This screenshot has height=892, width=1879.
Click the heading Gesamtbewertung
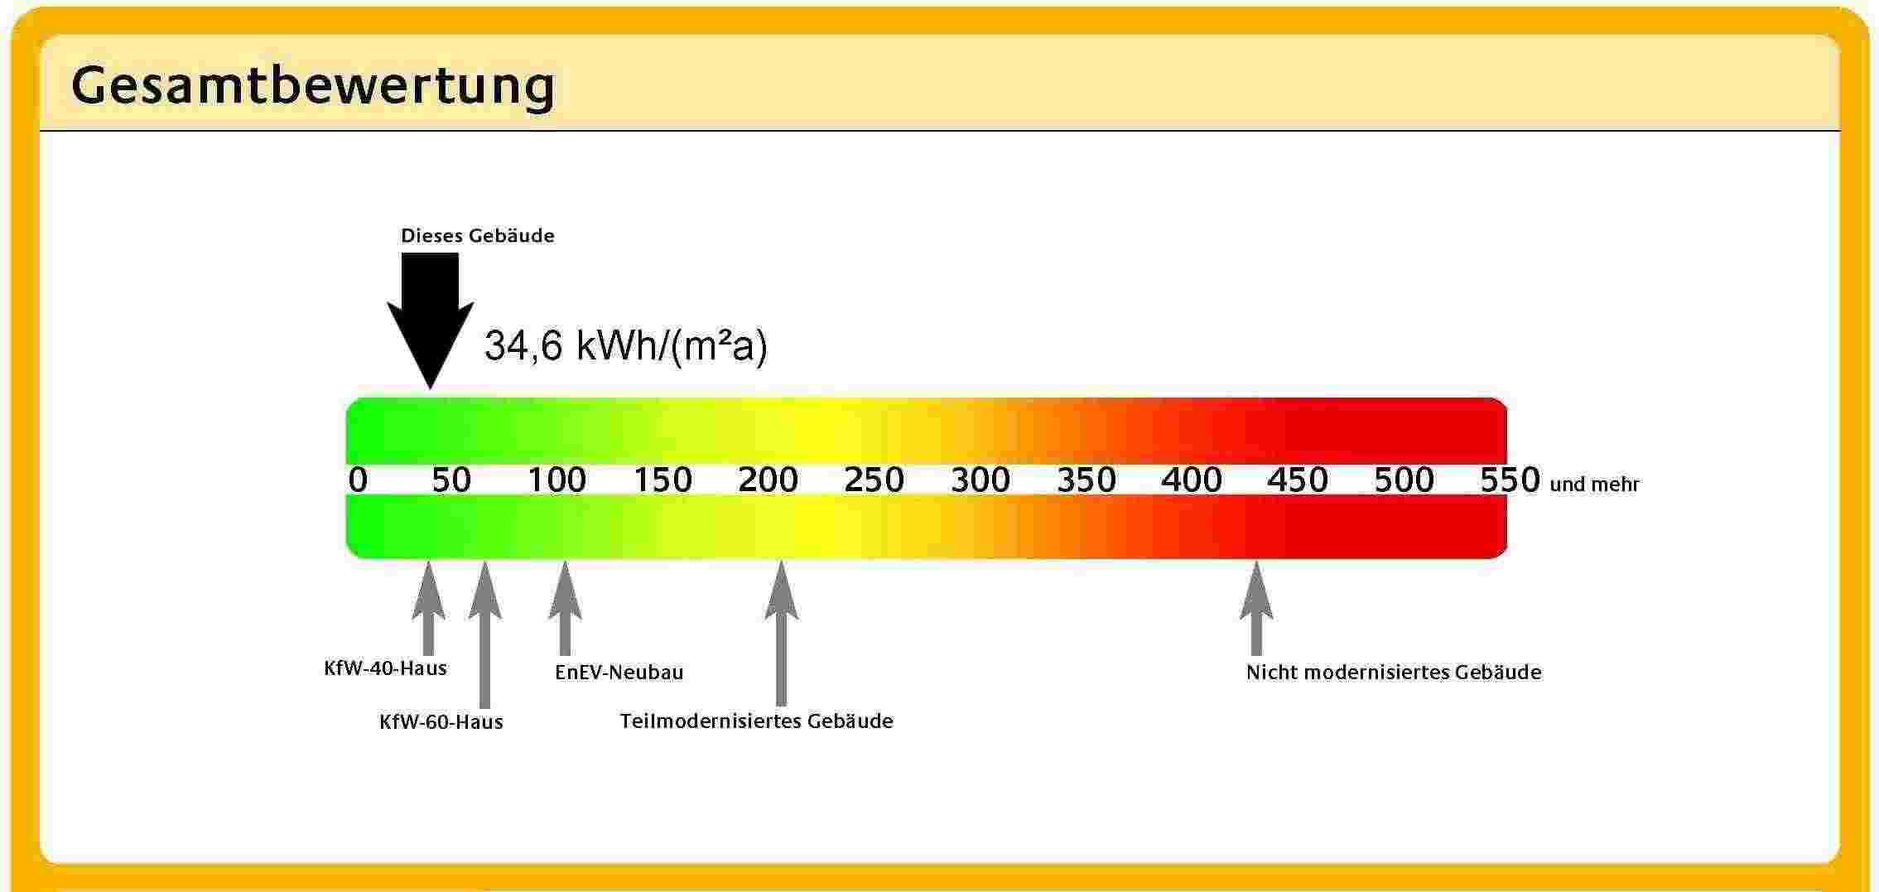pyautogui.click(x=313, y=86)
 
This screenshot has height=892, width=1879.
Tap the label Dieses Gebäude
pyautogui.click(x=478, y=236)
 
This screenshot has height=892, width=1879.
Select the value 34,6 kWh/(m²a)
pyautogui.click(x=626, y=346)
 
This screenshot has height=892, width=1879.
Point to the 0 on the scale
pyautogui.click(x=358, y=480)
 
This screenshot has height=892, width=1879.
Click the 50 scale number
pyautogui.click(x=451, y=480)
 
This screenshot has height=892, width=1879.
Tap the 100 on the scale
pyautogui.click(x=557, y=480)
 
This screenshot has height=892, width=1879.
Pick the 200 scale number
pyautogui.click(x=768, y=480)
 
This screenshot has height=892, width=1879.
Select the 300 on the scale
pyautogui.click(x=980, y=480)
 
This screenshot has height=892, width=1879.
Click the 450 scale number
pyautogui.click(x=1298, y=480)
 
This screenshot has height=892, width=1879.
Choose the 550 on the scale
pyautogui.click(x=1510, y=480)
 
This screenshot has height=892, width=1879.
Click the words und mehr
pyautogui.click(x=1594, y=485)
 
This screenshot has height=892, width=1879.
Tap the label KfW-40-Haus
pyautogui.click(x=385, y=668)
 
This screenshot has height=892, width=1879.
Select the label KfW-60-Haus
pyautogui.click(x=441, y=722)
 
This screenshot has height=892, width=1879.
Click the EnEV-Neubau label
pyautogui.click(x=619, y=673)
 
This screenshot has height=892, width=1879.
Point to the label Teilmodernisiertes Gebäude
pyautogui.click(x=757, y=721)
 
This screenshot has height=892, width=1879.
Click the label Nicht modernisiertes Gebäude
pyautogui.click(x=1394, y=673)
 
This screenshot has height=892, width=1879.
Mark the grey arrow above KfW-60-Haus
pyautogui.click(x=484, y=634)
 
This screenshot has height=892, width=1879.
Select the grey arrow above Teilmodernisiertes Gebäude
pyautogui.click(x=781, y=634)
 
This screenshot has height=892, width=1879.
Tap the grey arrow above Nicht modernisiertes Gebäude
pyautogui.click(x=1256, y=609)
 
